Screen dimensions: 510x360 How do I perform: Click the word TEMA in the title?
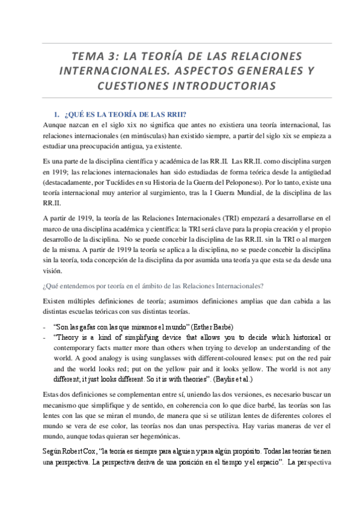[x=87, y=56]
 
